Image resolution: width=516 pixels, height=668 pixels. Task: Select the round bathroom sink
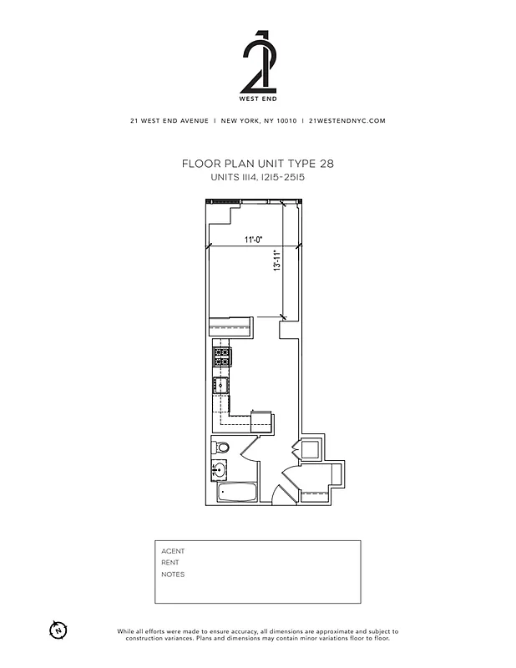click(x=220, y=469)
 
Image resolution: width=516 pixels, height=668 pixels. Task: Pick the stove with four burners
click(x=222, y=358)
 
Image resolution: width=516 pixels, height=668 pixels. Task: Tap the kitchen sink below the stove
click(x=222, y=386)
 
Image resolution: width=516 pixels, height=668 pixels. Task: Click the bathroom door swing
click(x=249, y=455)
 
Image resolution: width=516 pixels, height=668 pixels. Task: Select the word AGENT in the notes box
click(x=173, y=551)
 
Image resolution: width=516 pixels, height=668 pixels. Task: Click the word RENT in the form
click(x=170, y=563)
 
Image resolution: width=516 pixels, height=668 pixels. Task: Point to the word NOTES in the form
click(x=173, y=574)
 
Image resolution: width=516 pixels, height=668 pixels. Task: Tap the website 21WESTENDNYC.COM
click(x=347, y=120)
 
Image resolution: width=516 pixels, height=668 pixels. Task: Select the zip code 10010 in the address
click(x=286, y=120)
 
